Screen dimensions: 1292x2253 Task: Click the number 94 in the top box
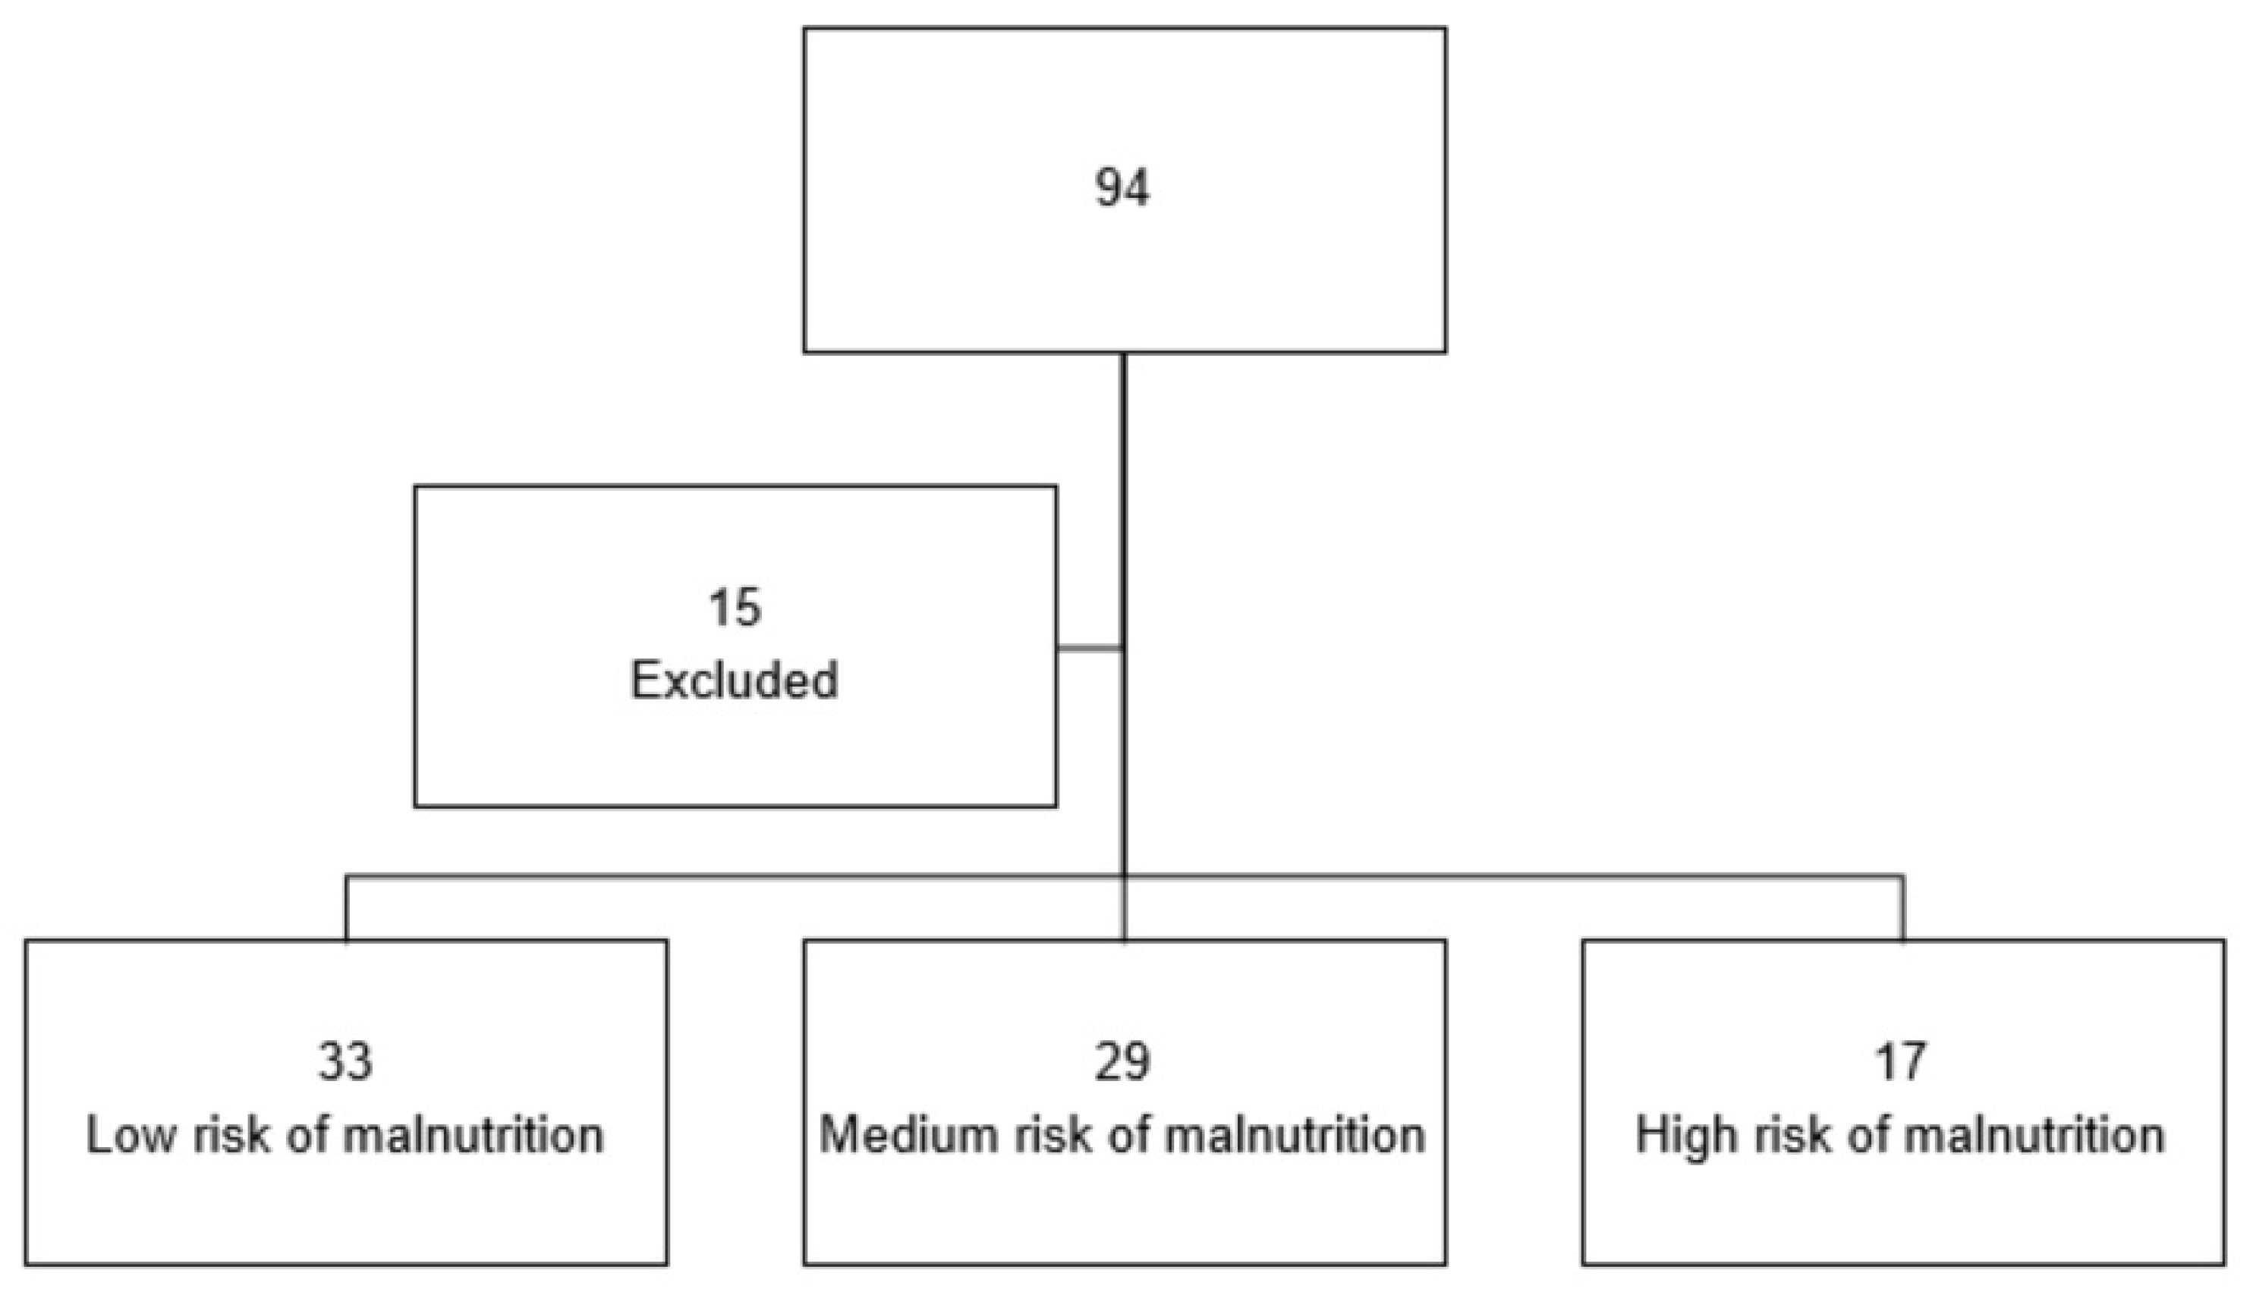pyautogui.click(x=1122, y=188)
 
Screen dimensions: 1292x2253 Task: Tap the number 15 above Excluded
pyautogui.click(x=735, y=608)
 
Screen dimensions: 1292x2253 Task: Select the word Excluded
pyautogui.click(x=735, y=681)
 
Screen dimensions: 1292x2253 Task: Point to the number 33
pyautogui.click(x=345, y=1061)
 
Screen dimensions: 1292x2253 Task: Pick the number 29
pyautogui.click(x=1122, y=1061)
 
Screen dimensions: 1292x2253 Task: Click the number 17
pyautogui.click(x=1900, y=1061)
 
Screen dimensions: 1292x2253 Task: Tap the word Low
pyautogui.click(x=131, y=1136)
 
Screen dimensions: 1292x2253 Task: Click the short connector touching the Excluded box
pyautogui.click(x=1090, y=649)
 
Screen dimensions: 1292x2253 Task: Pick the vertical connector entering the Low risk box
pyautogui.click(x=346, y=908)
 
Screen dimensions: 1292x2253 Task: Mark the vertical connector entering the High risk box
pyautogui.click(x=1902, y=908)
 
